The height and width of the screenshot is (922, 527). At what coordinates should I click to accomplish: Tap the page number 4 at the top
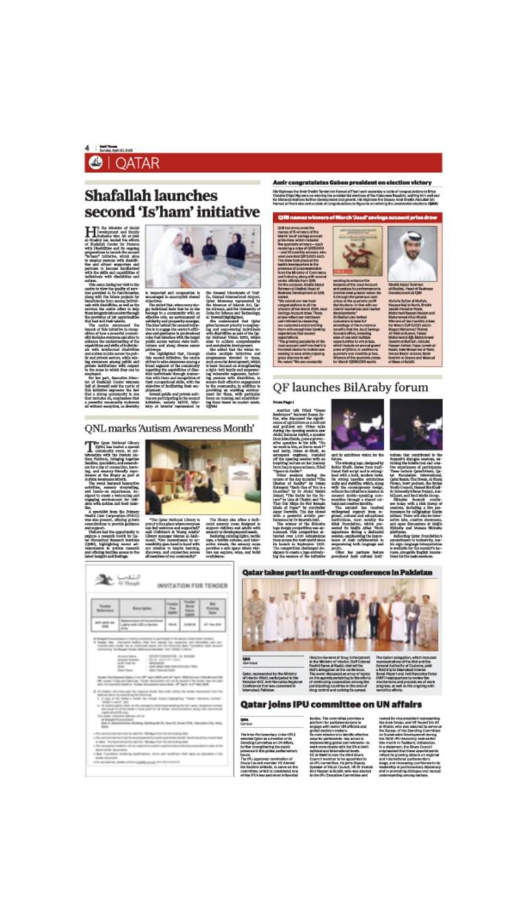click(88, 147)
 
